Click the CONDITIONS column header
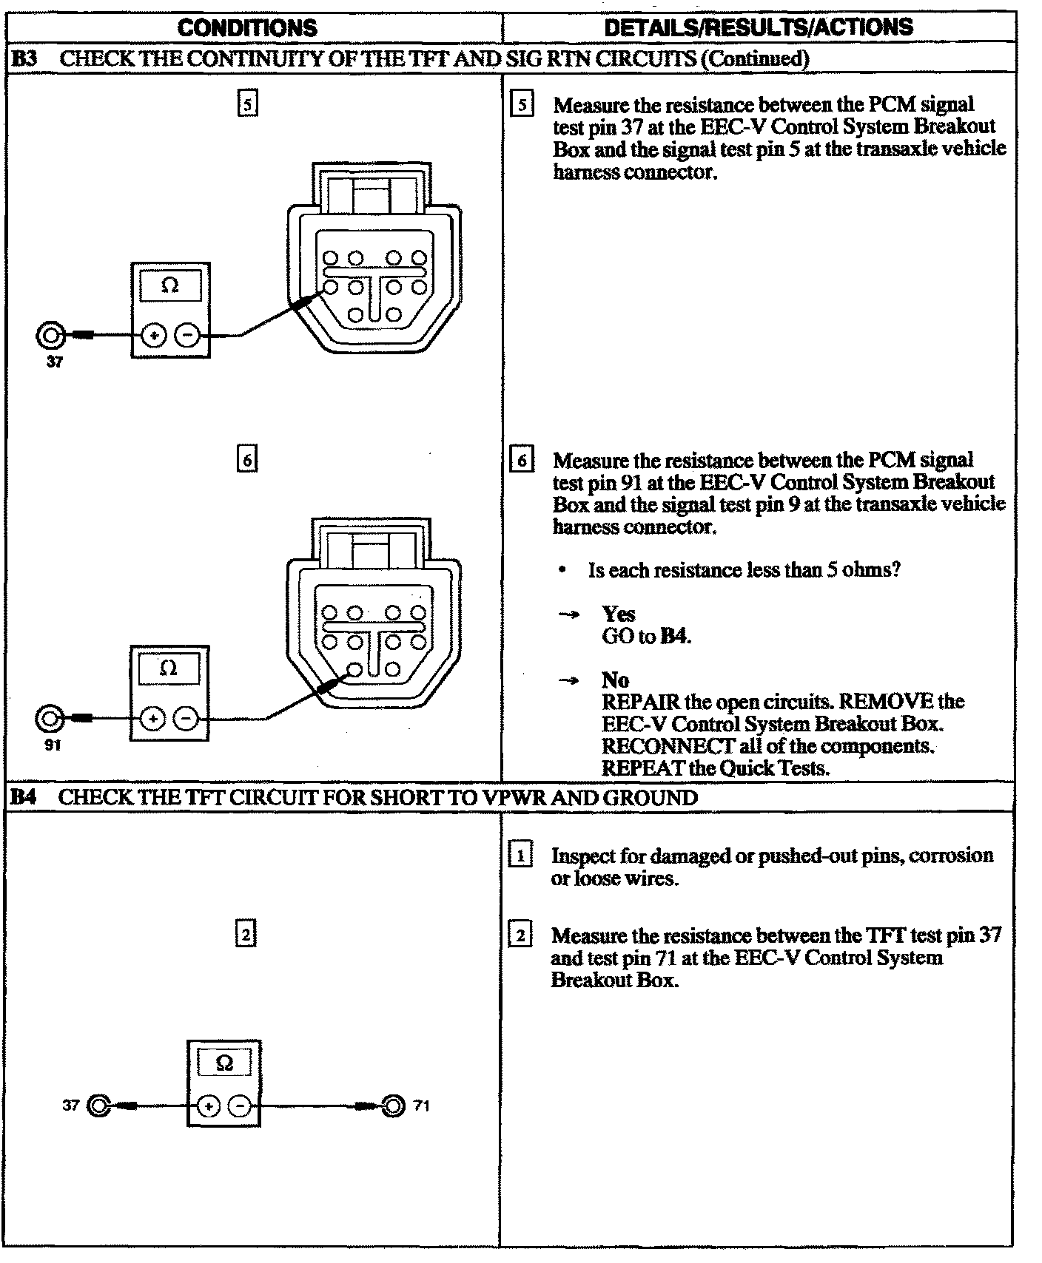pyautogui.click(x=247, y=28)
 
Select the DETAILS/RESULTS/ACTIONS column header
pyautogui.click(x=758, y=28)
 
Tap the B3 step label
pyautogui.click(x=24, y=59)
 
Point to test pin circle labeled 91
pyautogui.click(x=50, y=717)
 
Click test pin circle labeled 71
pyautogui.click(x=393, y=1105)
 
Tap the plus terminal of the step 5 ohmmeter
pyautogui.click(x=154, y=336)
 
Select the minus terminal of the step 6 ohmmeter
pyautogui.click(x=186, y=718)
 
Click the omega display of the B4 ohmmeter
pyautogui.click(x=224, y=1063)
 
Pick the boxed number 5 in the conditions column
pyautogui.click(x=247, y=104)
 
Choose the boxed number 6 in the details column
pyautogui.click(x=521, y=460)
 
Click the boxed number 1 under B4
pyautogui.click(x=520, y=856)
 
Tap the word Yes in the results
pyautogui.click(x=618, y=614)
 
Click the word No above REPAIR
pyautogui.click(x=615, y=680)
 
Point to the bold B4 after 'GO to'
pyautogui.click(x=674, y=636)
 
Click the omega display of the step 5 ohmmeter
pyautogui.click(x=170, y=285)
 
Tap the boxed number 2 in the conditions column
pyautogui.click(x=246, y=935)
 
